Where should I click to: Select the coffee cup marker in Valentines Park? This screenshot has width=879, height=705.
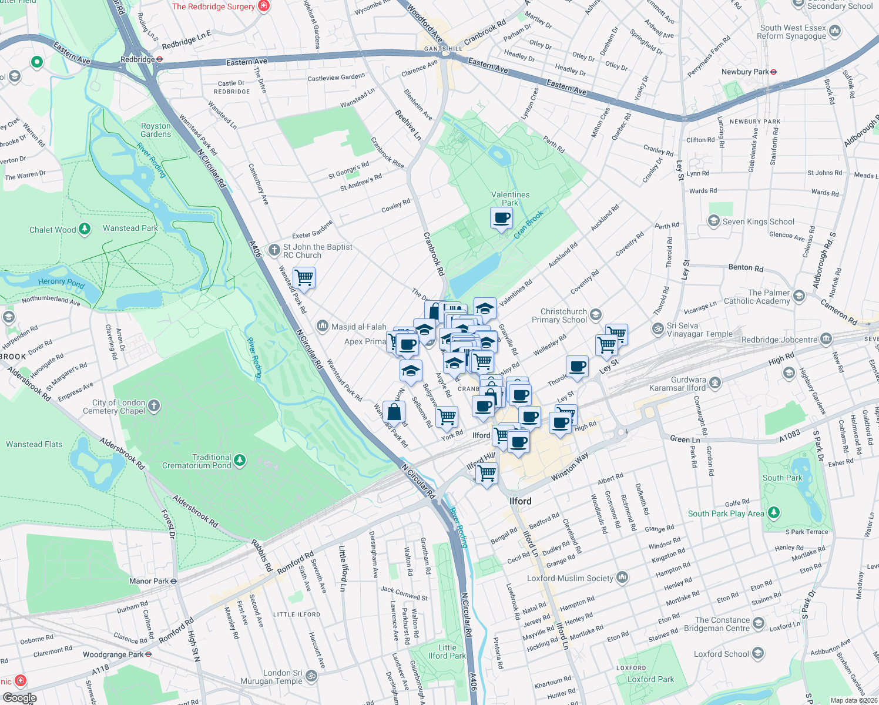pyautogui.click(x=501, y=219)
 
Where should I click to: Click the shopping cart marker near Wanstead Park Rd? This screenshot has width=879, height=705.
pyautogui.click(x=304, y=277)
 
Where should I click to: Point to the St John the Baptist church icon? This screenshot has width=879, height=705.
pyautogui.click(x=274, y=250)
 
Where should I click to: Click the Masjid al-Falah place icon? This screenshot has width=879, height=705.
pyautogui.click(x=322, y=326)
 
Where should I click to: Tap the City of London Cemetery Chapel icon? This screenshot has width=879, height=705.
pyautogui.click(x=154, y=406)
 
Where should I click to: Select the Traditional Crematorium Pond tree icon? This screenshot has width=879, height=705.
pyautogui.click(x=240, y=461)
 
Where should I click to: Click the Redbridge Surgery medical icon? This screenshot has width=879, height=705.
pyautogui.click(x=264, y=6)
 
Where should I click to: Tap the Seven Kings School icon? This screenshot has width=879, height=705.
pyautogui.click(x=714, y=221)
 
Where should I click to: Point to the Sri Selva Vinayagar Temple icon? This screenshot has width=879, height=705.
pyautogui.click(x=658, y=329)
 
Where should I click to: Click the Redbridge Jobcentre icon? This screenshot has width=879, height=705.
pyautogui.click(x=826, y=339)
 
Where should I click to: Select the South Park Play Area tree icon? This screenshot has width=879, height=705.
pyautogui.click(x=774, y=513)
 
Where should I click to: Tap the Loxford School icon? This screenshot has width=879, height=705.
pyautogui.click(x=758, y=653)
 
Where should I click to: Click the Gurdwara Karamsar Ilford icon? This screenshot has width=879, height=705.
pyautogui.click(x=715, y=383)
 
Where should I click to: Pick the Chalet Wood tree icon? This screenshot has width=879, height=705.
pyautogui.click(x=85, y=229)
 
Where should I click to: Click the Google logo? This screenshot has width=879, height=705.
pyautogui.click(x=19, y=698)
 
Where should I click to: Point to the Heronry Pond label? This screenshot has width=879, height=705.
pyautogui.click(x=61, y=283)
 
